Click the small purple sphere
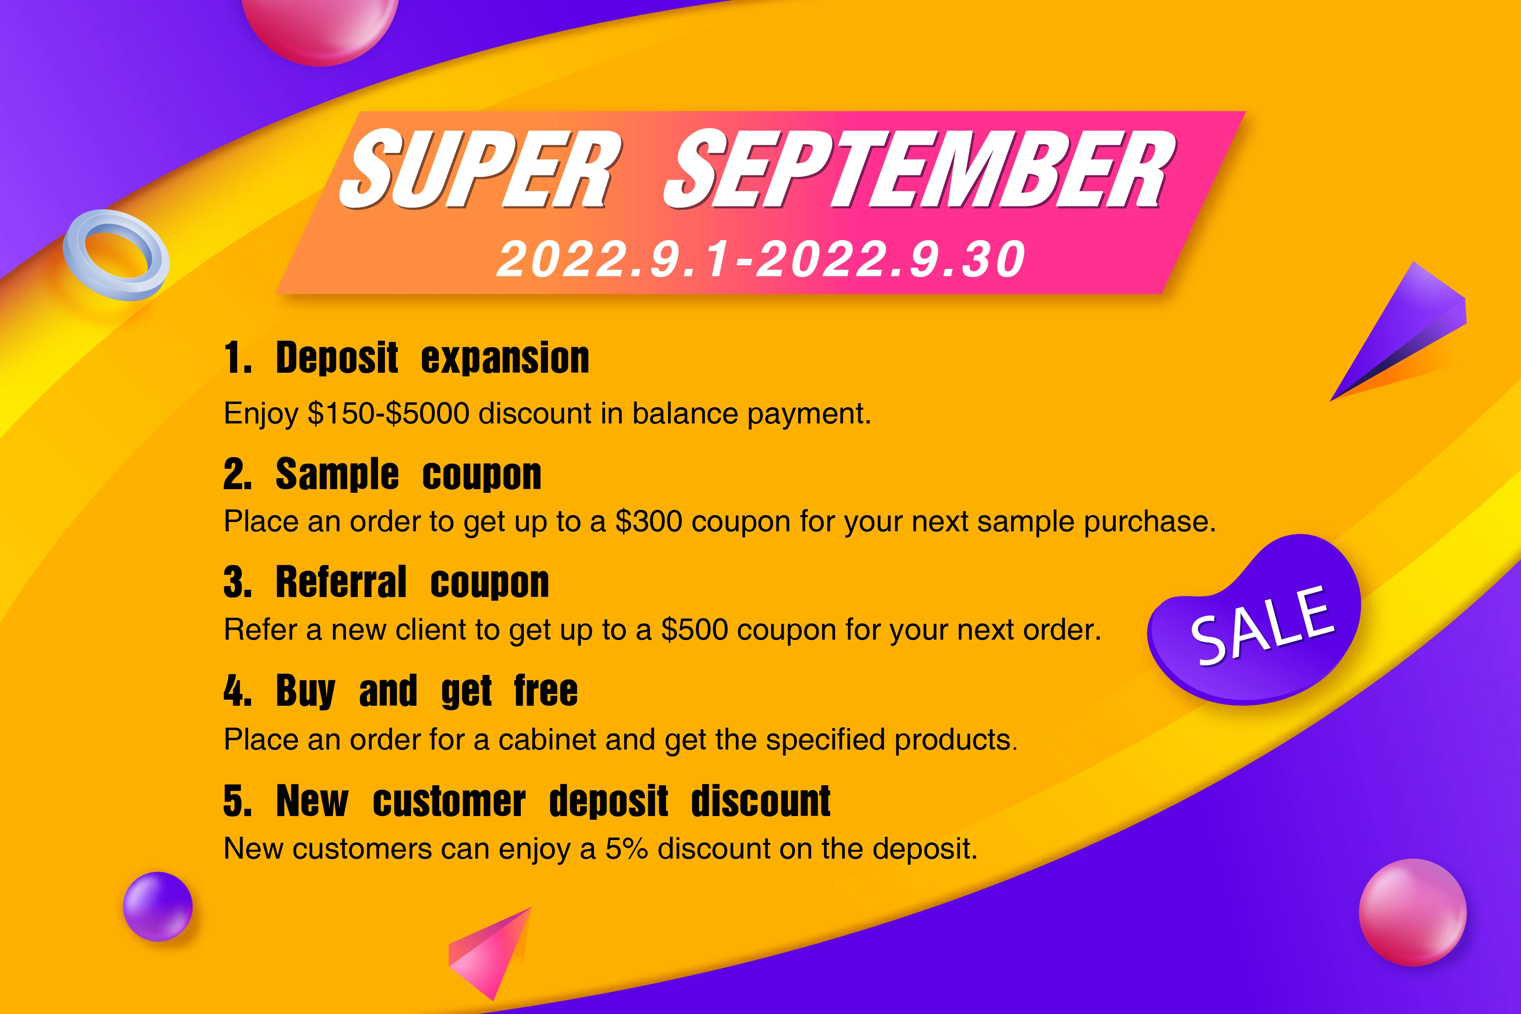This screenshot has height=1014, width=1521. (x=158, y=906)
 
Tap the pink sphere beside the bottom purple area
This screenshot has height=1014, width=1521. (x=1412, y=912)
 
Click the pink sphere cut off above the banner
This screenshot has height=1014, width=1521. (x=320, y=29)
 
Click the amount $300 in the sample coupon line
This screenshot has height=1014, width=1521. (x=649, y=521)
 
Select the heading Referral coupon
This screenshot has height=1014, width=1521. (x=412, y=582)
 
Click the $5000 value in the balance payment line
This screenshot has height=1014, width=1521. (x=427, y=413)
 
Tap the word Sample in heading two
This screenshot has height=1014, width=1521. (x=337, y=474)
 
